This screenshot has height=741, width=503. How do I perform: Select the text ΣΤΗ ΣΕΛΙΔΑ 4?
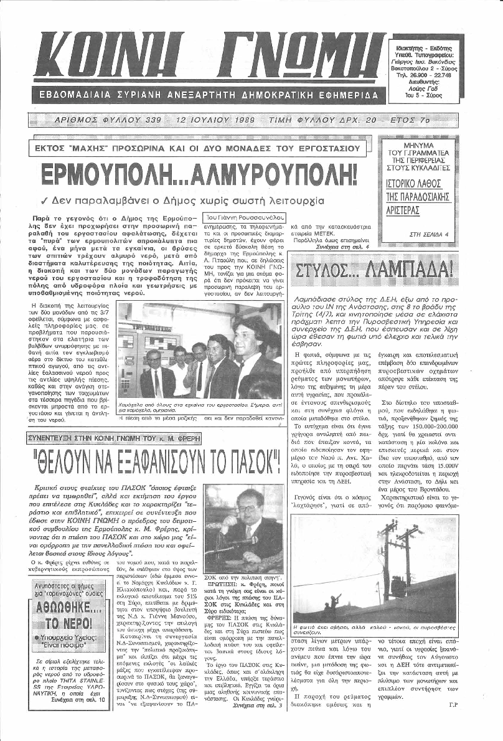click(436, 234)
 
